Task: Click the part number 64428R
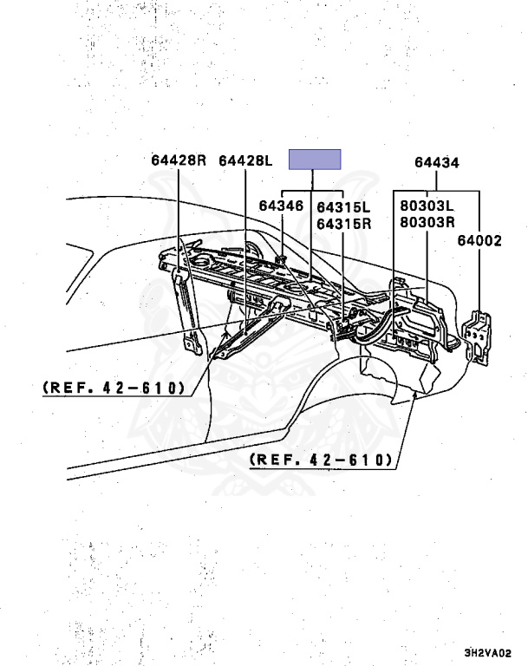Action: point(179,160)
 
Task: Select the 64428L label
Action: point(245,160)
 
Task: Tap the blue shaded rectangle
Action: point(315,160)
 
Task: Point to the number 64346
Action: point(280,206)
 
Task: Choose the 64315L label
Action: point(343,207)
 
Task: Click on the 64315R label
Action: point(343,223)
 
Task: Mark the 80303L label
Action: point(427,207)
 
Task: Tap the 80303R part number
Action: point(427,222)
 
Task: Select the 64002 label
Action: point(479,241)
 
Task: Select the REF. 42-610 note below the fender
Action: point(322,460)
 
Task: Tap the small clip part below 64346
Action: point(284,258)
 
